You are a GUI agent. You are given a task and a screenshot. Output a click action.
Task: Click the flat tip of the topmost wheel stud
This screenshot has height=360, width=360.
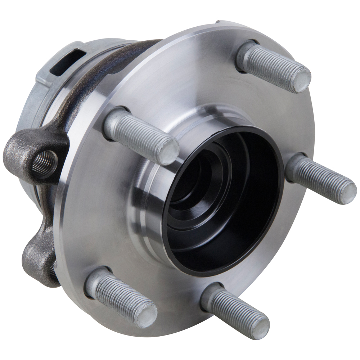[301, 79]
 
